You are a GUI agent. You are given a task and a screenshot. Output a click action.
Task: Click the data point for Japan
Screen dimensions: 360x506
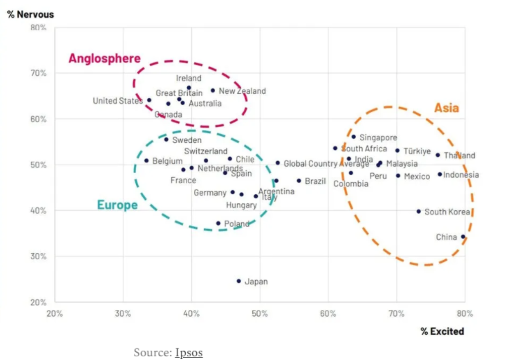click(x=238, y=281)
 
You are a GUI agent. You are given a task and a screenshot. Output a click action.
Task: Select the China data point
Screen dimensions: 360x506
click(x=463, y=237)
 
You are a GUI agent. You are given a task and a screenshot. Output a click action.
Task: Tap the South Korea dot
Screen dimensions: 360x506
click(x=418, y=211)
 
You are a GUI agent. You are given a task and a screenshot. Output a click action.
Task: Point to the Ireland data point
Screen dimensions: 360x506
click(x=189, y=88)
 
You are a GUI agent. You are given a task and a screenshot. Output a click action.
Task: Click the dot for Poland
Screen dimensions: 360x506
click(x=218, y=223)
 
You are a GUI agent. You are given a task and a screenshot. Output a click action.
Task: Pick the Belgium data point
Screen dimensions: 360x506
click(x=146, y=161)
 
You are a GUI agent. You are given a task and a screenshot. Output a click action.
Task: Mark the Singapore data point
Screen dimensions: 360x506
click(x=353, y=137)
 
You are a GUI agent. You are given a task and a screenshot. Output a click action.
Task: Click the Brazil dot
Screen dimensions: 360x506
click(x=299, y=181)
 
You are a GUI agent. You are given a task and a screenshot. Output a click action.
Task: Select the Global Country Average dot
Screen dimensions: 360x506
click(x=277, y=163)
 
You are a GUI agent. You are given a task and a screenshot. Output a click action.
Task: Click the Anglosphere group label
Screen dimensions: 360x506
click(x=104, y=58)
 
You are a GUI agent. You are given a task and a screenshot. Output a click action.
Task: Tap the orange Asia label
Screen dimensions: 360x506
click(x=446, y=108)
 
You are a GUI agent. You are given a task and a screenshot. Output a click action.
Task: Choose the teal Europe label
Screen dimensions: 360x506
click(x=117, y=205)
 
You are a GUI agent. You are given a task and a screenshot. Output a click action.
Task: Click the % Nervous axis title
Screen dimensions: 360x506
click(x=30, y=15)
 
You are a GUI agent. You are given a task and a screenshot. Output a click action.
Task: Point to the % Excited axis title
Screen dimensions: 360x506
click(x=442, y=331)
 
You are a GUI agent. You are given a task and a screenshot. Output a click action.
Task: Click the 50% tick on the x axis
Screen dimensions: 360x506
click(x=259, y=314)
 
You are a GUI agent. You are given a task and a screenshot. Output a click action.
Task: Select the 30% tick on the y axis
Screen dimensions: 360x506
click(x=39, y=257)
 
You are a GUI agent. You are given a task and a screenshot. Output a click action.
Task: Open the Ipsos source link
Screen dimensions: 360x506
click(x=189, y=353)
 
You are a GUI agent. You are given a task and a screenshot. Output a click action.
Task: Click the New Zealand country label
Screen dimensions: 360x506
click(x=242, y=91)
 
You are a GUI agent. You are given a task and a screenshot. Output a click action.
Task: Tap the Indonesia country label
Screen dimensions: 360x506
click(x=461, y=175)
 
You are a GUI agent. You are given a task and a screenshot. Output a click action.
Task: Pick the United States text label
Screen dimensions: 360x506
click(x=118, y=101)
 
